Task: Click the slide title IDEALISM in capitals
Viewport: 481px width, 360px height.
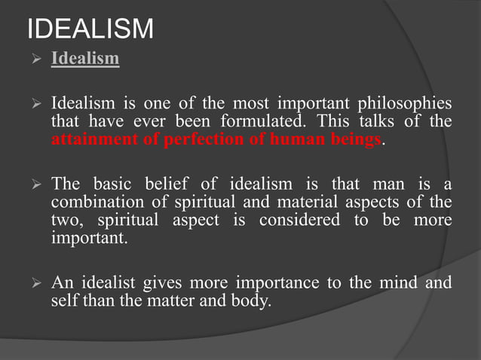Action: coord(90,29)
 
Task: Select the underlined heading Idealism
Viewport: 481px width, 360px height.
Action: coord(84,58)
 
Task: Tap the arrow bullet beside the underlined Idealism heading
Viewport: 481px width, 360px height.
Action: coord(32,59)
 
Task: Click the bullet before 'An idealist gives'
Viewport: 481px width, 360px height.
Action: coord(32,283)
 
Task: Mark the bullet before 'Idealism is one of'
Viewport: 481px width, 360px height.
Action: coord(32,104)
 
